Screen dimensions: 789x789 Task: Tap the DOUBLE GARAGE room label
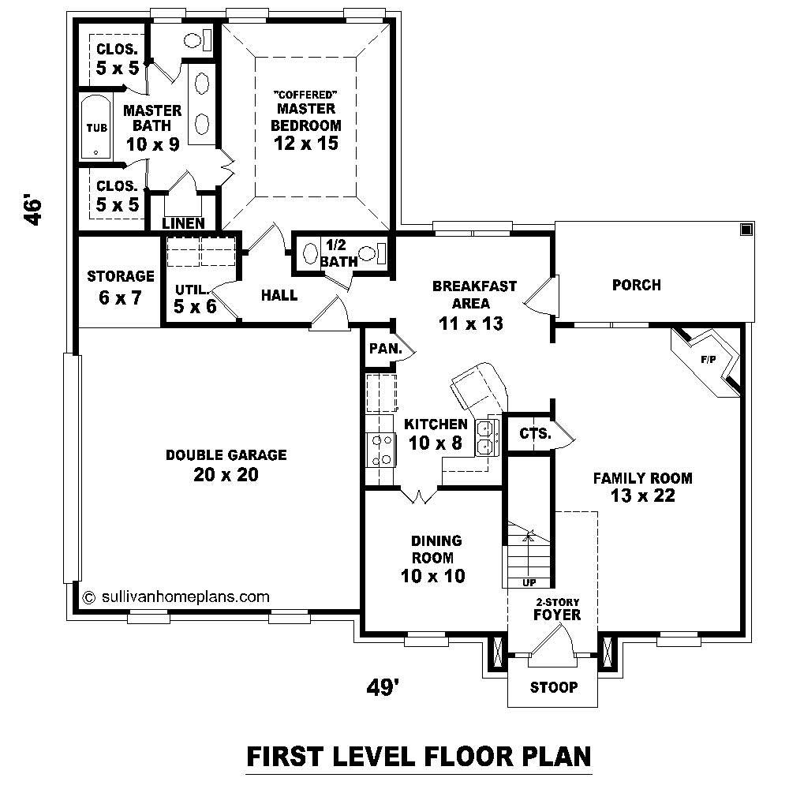click(x=226, y=455)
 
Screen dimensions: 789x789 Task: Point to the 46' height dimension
click(x=32, y=211)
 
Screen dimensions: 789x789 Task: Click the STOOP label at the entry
click(x=554, y=687)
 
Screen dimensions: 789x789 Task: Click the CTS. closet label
click(x=535, y=433)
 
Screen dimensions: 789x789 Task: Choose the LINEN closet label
click(x=184, y=223)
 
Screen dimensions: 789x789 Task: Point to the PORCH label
click(x=636, y=285)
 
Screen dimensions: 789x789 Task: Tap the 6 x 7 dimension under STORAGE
click(x=120, y=298)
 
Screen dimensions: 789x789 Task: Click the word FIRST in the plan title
click(x=289, y=757)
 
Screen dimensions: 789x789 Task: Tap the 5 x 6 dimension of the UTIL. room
click(x=195, y=306)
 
